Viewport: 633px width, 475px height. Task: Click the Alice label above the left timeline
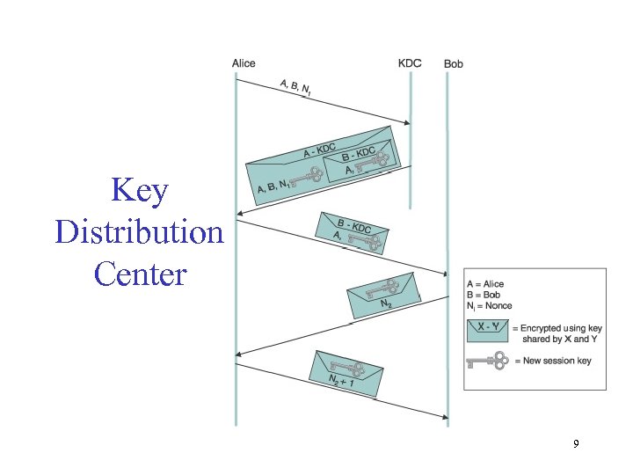pyautogui.click(x=244, y=63)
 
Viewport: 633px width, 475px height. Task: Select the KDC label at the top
pyautogui.click(x=410, y=63)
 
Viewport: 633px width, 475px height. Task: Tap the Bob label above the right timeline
pyautogui.click(x=454, y=64)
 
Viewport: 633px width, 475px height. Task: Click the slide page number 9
pyautogui.click(x=576, y=444)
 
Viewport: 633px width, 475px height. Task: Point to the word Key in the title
pyautogui.click(x=140, y=191)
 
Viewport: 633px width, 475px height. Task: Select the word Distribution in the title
pyautogui.click(x=139, y=232)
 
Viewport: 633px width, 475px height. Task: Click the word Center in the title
pyautogui.click(x=140, y=274)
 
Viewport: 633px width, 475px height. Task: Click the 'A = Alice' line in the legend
pyautogui.click(x=486, y=284)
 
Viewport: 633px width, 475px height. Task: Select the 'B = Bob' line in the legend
pyautogui.click(x=484, y=295)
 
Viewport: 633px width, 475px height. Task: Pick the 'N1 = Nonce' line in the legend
pyautogui.click(x=489, y=306)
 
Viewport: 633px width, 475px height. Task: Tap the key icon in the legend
pyautogui.click(x=487, y=360)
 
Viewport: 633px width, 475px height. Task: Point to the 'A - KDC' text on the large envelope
pyautogui.click(x=319, y=151)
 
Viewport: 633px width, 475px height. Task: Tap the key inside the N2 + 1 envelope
pyautogui.click(x=345, y=367)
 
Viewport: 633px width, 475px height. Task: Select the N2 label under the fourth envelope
pyautogui.click(x=386, y=304)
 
